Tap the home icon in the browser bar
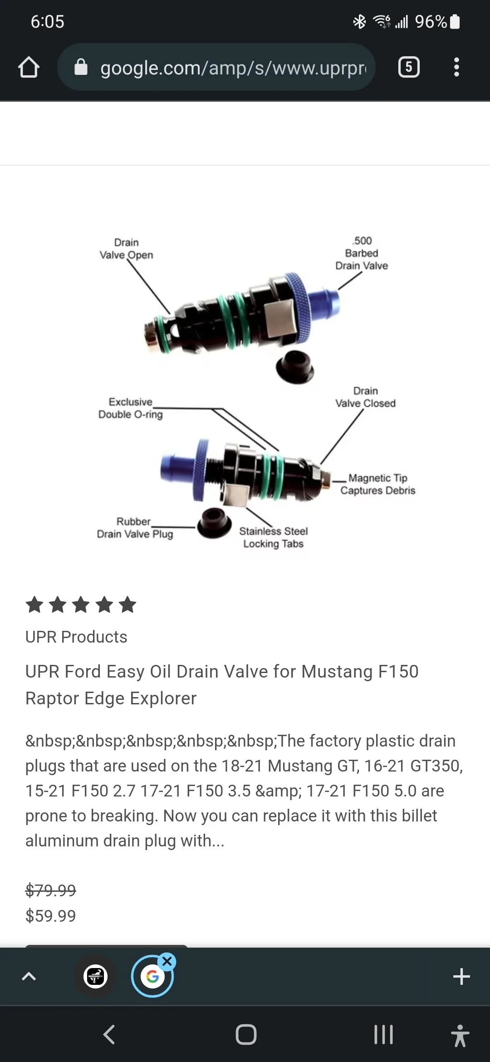29,67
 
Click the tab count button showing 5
409,67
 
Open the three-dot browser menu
456,67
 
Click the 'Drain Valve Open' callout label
126,249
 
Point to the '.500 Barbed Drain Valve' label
362,253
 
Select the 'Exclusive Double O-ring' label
131,408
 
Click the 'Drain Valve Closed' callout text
365,397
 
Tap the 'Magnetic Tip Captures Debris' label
378,484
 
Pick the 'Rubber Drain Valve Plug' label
135,528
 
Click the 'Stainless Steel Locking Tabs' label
273,537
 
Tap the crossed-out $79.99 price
51,890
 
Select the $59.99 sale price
51,916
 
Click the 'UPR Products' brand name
76,637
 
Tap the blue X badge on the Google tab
167,961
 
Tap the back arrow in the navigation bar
109,1034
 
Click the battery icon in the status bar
455,21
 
